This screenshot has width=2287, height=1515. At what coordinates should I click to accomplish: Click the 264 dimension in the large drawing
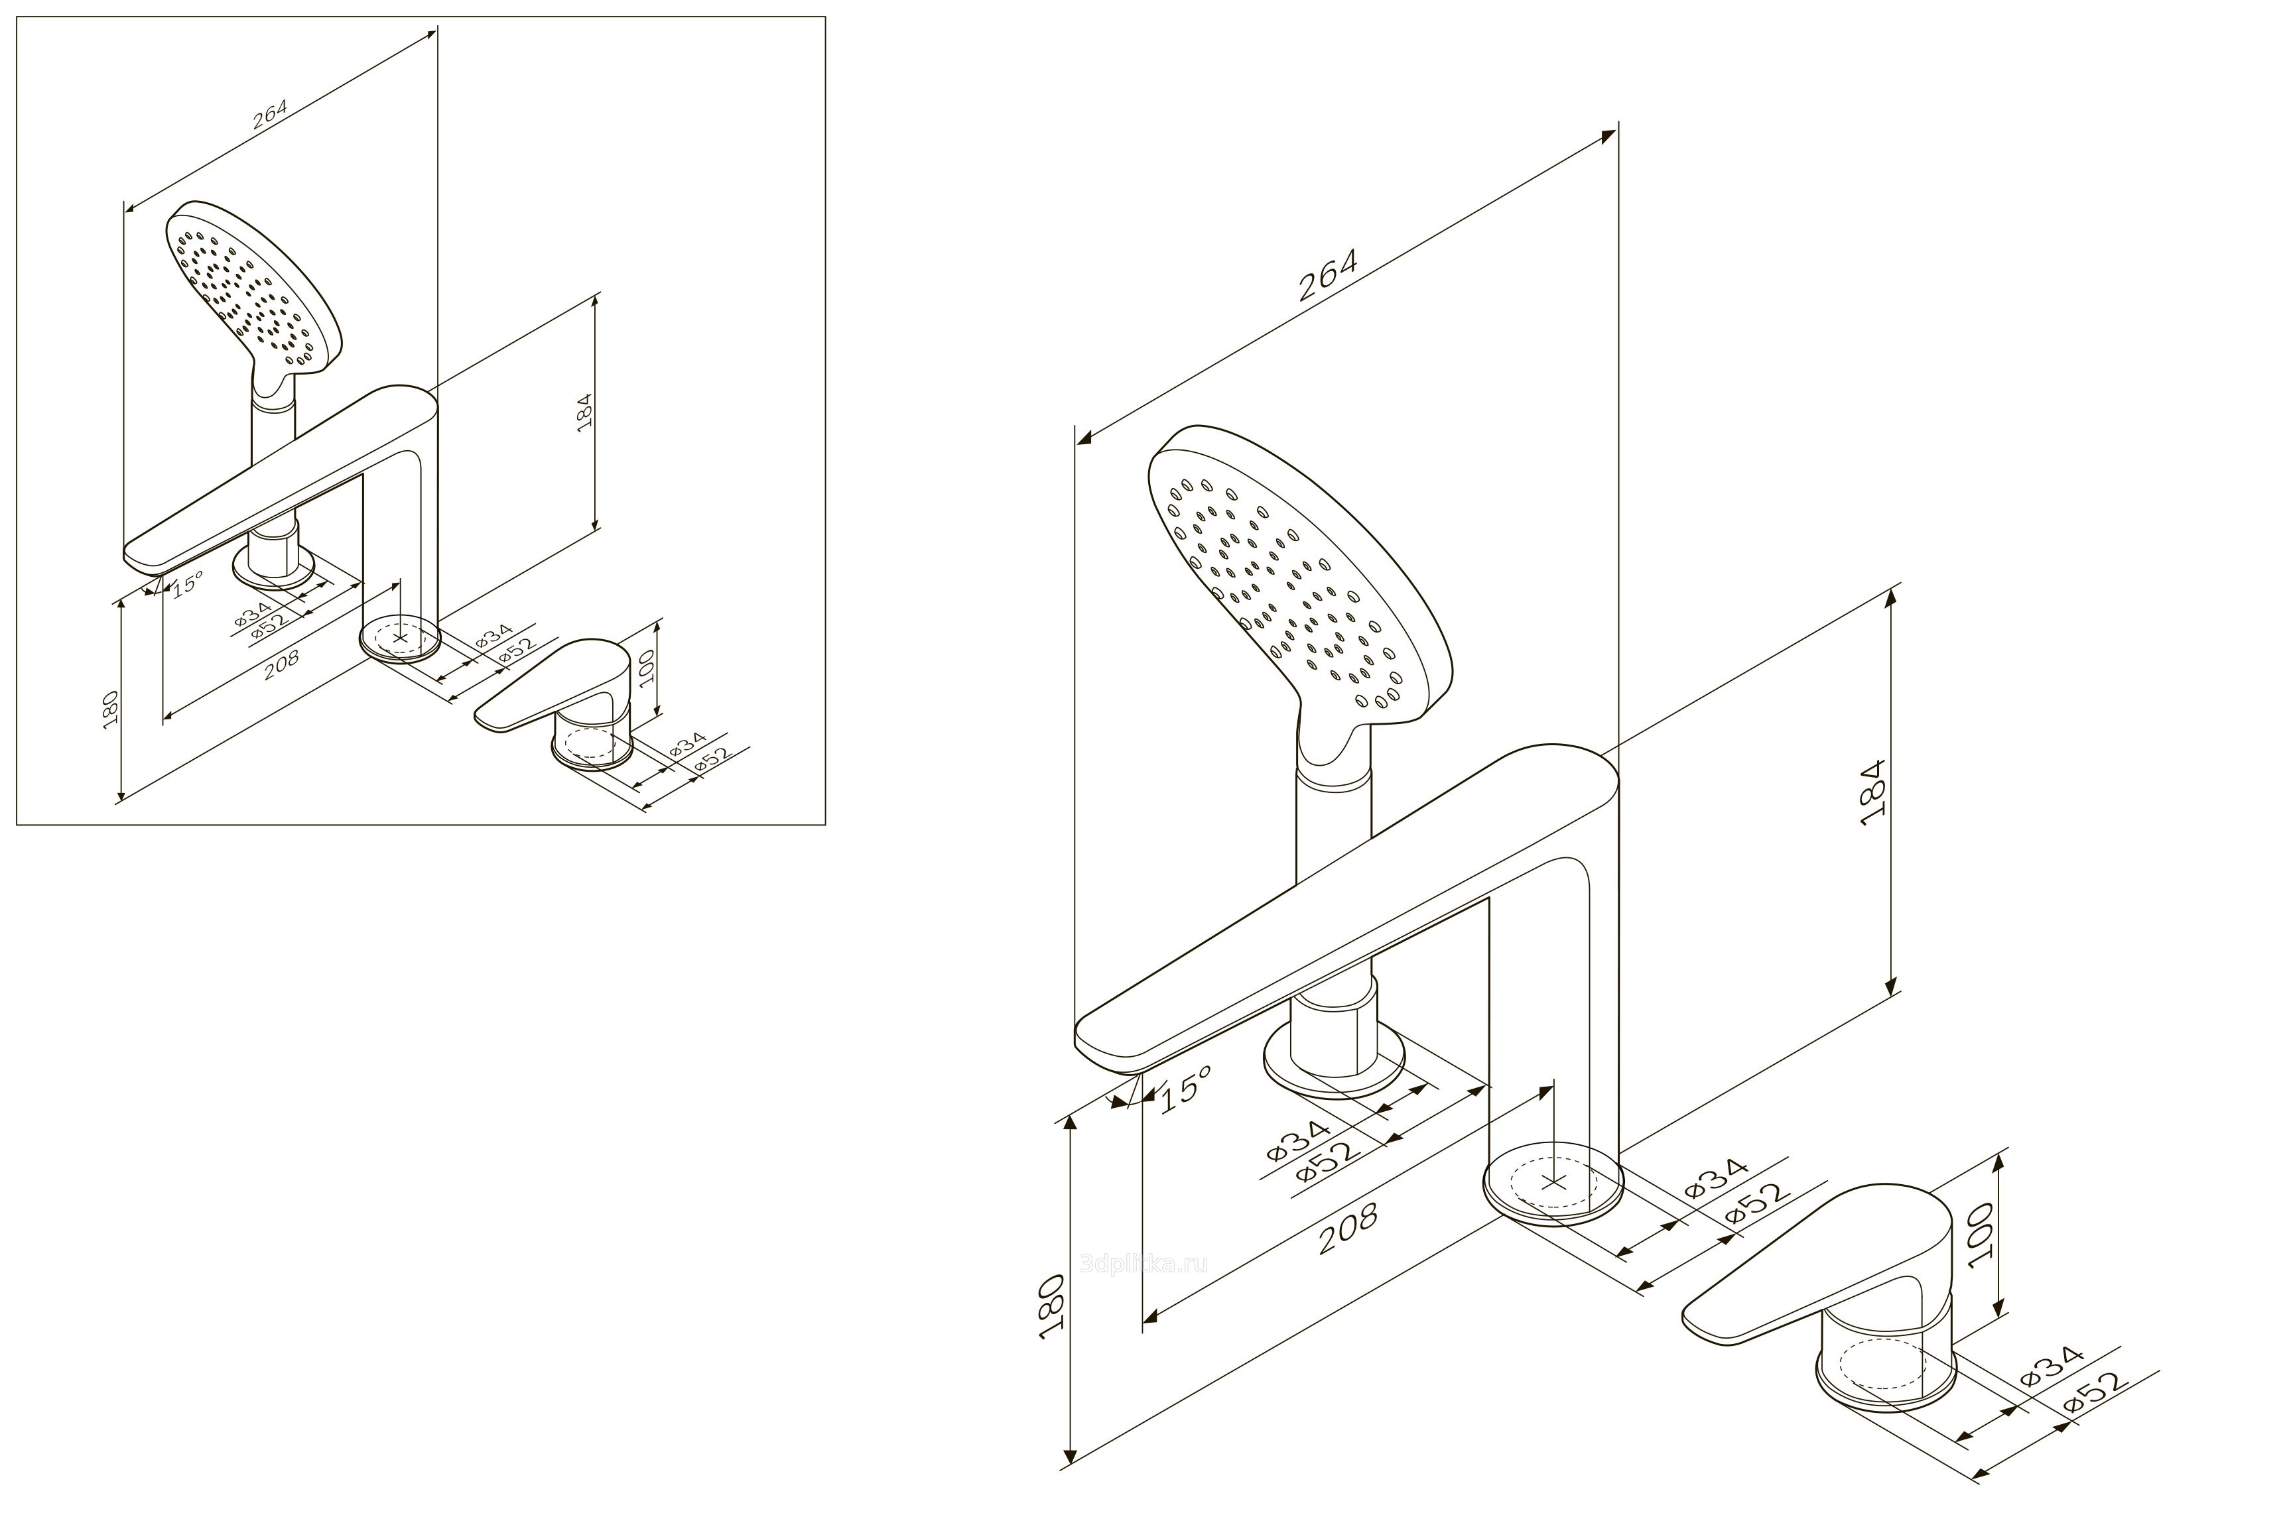pyautogui.click(x=1328, y=275)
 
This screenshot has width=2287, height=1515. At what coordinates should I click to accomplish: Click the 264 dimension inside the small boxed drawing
pyautogui.click(x=270, y=115)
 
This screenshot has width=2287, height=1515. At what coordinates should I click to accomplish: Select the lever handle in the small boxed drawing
pyautogui.click(x=556, y=686)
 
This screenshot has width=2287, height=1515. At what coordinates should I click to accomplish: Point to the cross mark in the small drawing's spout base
pyautogui.click(x=400, y=638)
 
